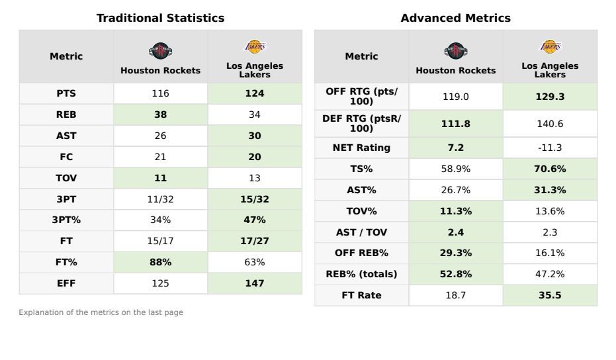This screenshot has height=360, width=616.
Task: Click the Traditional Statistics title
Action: pyautogui.click(x=160, y=19)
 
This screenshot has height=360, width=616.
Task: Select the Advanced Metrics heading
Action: pyautogui.click(x=455, y=19)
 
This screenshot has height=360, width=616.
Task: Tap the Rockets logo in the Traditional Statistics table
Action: pyautogui.click(x=160, y=50)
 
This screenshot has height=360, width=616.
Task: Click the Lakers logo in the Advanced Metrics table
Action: pyautogui.click(x=550, y=46)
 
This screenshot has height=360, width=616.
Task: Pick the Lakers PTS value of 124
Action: pyautogui.click(x=255, y=94)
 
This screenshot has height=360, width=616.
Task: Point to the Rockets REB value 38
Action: pyautogui.click(x=160, y=114)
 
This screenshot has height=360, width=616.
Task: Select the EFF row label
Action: pyautogui.click(x=66, y=283)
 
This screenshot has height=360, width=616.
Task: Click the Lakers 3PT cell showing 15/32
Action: pyautogui.click(x=255, y=199)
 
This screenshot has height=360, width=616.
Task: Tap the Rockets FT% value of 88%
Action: pyautogui.click(x=160, y=262)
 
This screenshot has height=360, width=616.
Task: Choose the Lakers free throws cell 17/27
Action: pyautogui.click(x=255, y=242)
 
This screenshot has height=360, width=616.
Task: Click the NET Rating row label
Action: pyautogui.click(x=361, y=148)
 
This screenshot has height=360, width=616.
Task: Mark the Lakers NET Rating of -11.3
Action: pyautogui.click(x=550, y=148)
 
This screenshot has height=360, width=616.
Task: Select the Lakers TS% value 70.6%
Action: pyautogui.click(x=550, y=169)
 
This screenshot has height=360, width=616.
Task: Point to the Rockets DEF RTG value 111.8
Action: pyautogui.click(x=455, y=124)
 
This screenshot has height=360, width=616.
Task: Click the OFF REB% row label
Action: pyautogui.click(x=361, y=253)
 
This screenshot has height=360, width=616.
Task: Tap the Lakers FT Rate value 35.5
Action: pyautogui.click(x=550, y=295)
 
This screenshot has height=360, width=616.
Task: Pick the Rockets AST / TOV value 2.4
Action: pyautogui.click(x=455, y=232)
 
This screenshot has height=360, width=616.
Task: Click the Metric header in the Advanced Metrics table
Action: pyautogui.click(x=361, y=56)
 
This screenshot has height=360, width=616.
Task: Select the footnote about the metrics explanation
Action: pyautogui.click(x=101, y=312)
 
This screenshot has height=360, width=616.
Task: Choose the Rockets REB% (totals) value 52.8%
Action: pyautogui.click(x=455, y=274)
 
